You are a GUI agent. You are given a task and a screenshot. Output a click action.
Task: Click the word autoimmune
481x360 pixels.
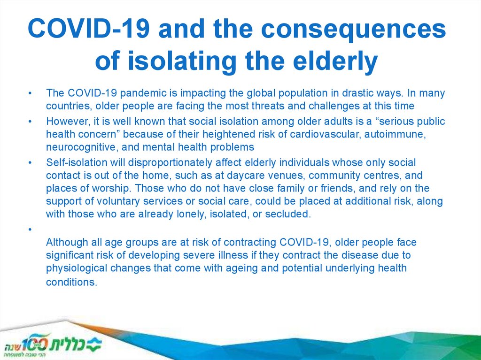click(x=395, y=134)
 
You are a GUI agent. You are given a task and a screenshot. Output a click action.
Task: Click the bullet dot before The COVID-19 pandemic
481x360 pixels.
click(x=30, y=93)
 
